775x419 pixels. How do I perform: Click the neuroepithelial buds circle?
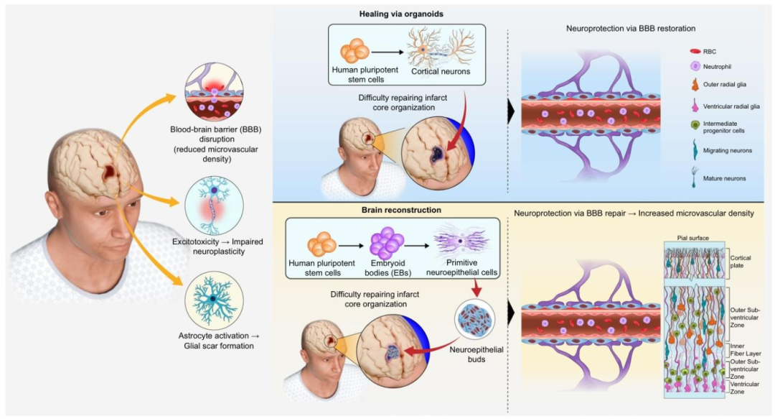(474, 319)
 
